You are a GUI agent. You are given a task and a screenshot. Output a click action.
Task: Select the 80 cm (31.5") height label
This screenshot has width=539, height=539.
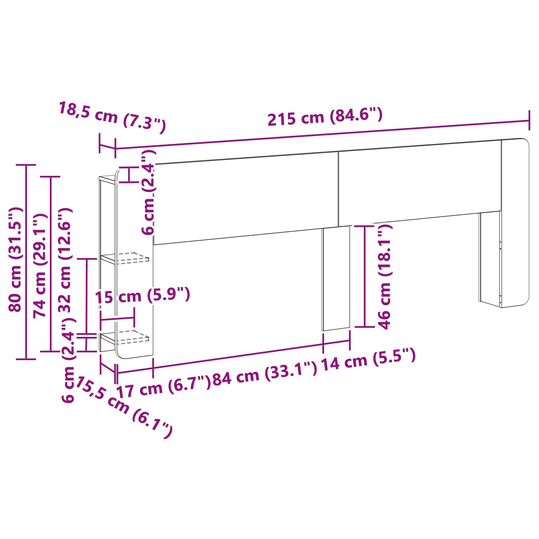tap(15, 259)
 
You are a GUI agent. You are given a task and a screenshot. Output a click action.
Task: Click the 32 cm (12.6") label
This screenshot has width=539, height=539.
tap(65, 260)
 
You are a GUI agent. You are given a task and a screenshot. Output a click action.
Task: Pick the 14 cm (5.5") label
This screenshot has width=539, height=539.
tap(368, 359)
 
